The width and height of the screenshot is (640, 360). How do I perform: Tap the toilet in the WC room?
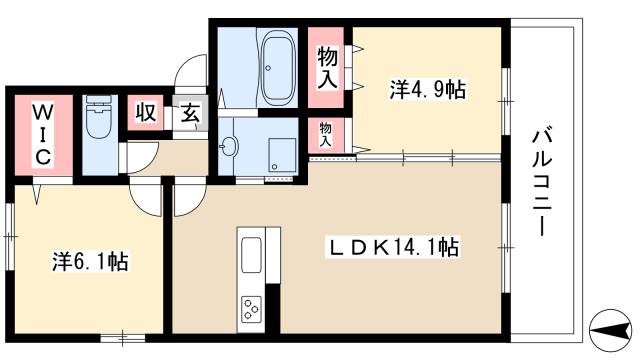tap(98, 119)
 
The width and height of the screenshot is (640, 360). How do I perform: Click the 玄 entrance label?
tap(190, 113)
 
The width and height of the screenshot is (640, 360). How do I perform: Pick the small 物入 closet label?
tap(326, 134)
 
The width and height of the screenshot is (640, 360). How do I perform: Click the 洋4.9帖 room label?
tap(427, 90)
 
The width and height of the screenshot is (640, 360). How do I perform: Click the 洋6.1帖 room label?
tap(89, 262)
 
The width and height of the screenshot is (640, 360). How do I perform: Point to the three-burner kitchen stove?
tap(250, 310)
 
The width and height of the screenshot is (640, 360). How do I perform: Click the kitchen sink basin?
tap(250, 254)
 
